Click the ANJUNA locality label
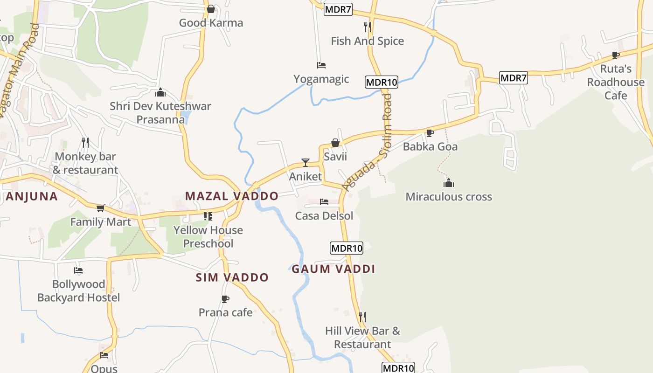coord(32,196)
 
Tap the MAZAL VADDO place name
coord(231,196)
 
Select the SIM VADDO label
coord(232,277)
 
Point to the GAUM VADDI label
coord(333,269)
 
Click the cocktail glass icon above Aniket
coord(306,162)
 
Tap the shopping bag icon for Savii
coord(335,143)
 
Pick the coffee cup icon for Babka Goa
coord(430,133)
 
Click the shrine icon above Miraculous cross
coord(449,183)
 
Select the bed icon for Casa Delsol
coord(324,202)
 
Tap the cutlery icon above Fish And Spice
coord(368,27)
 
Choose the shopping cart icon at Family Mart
coord(100,208)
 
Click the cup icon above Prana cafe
coord(226,299)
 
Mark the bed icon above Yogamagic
coord(321,65)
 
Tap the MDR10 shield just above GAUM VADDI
coord(346,248)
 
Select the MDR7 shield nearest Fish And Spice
coord(338,9)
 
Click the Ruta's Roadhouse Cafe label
coord(616,82)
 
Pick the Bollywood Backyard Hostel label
coord(78,291)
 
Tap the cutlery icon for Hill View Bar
coord(362,317)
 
